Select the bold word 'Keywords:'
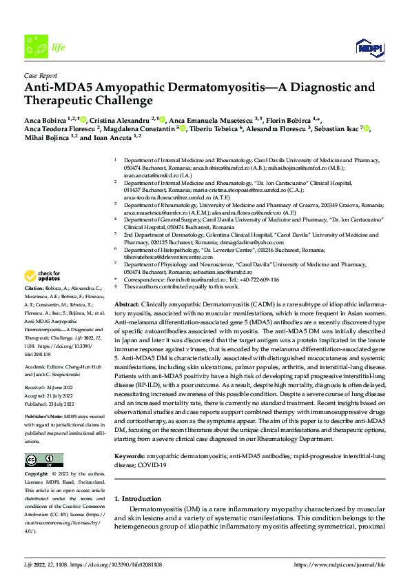click(x=131, y=456)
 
